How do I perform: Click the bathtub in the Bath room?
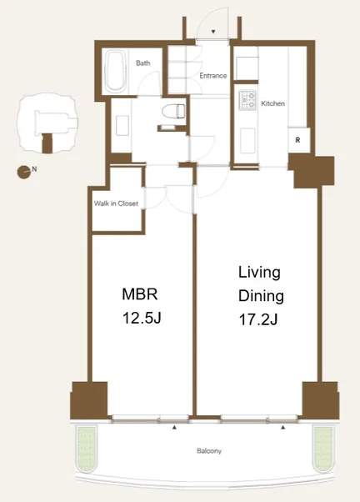click(115, 72)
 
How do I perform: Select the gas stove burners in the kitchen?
click(247, 99)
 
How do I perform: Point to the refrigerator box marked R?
click(299, 140)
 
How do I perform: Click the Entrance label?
click(213, 76)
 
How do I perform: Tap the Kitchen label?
click(273, 103)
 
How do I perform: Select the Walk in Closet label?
click(116, 203)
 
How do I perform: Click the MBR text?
click(140, 294)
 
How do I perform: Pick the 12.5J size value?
click(142, 318)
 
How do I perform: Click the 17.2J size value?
click(258, 319)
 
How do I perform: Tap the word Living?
click(259, 273)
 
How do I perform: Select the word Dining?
click(261, 295)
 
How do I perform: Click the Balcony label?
click(209, 451)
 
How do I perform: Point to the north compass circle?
click(23, 172)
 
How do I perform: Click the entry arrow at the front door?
click(213, 32)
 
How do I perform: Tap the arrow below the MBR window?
click(174, 427)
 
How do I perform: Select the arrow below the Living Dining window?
click(282, 427)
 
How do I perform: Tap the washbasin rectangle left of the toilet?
click(122, 126)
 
